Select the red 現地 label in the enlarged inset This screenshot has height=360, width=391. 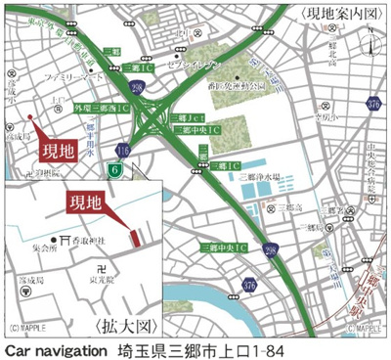[89, 204]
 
